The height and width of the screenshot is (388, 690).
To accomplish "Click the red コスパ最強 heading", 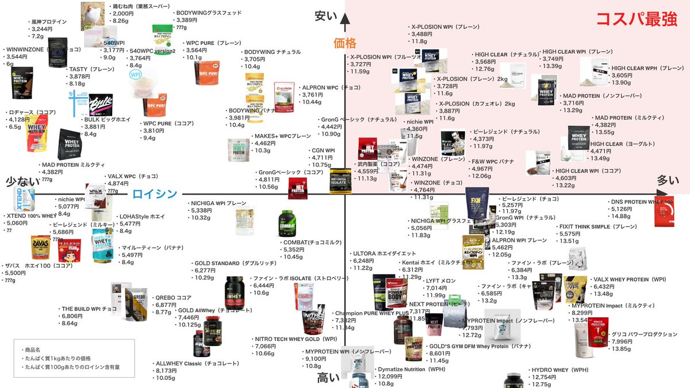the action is point(636,20).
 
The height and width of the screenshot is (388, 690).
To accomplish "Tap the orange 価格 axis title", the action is point(345,43).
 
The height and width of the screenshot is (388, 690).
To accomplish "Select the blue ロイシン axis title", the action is point(154,194).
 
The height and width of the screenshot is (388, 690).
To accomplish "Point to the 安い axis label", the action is point(325,16).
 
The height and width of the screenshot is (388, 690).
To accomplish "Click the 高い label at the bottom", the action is point(329,378).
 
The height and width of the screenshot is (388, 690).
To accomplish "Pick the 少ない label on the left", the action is point(22,181).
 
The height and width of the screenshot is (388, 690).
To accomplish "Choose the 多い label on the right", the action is point(668,180).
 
